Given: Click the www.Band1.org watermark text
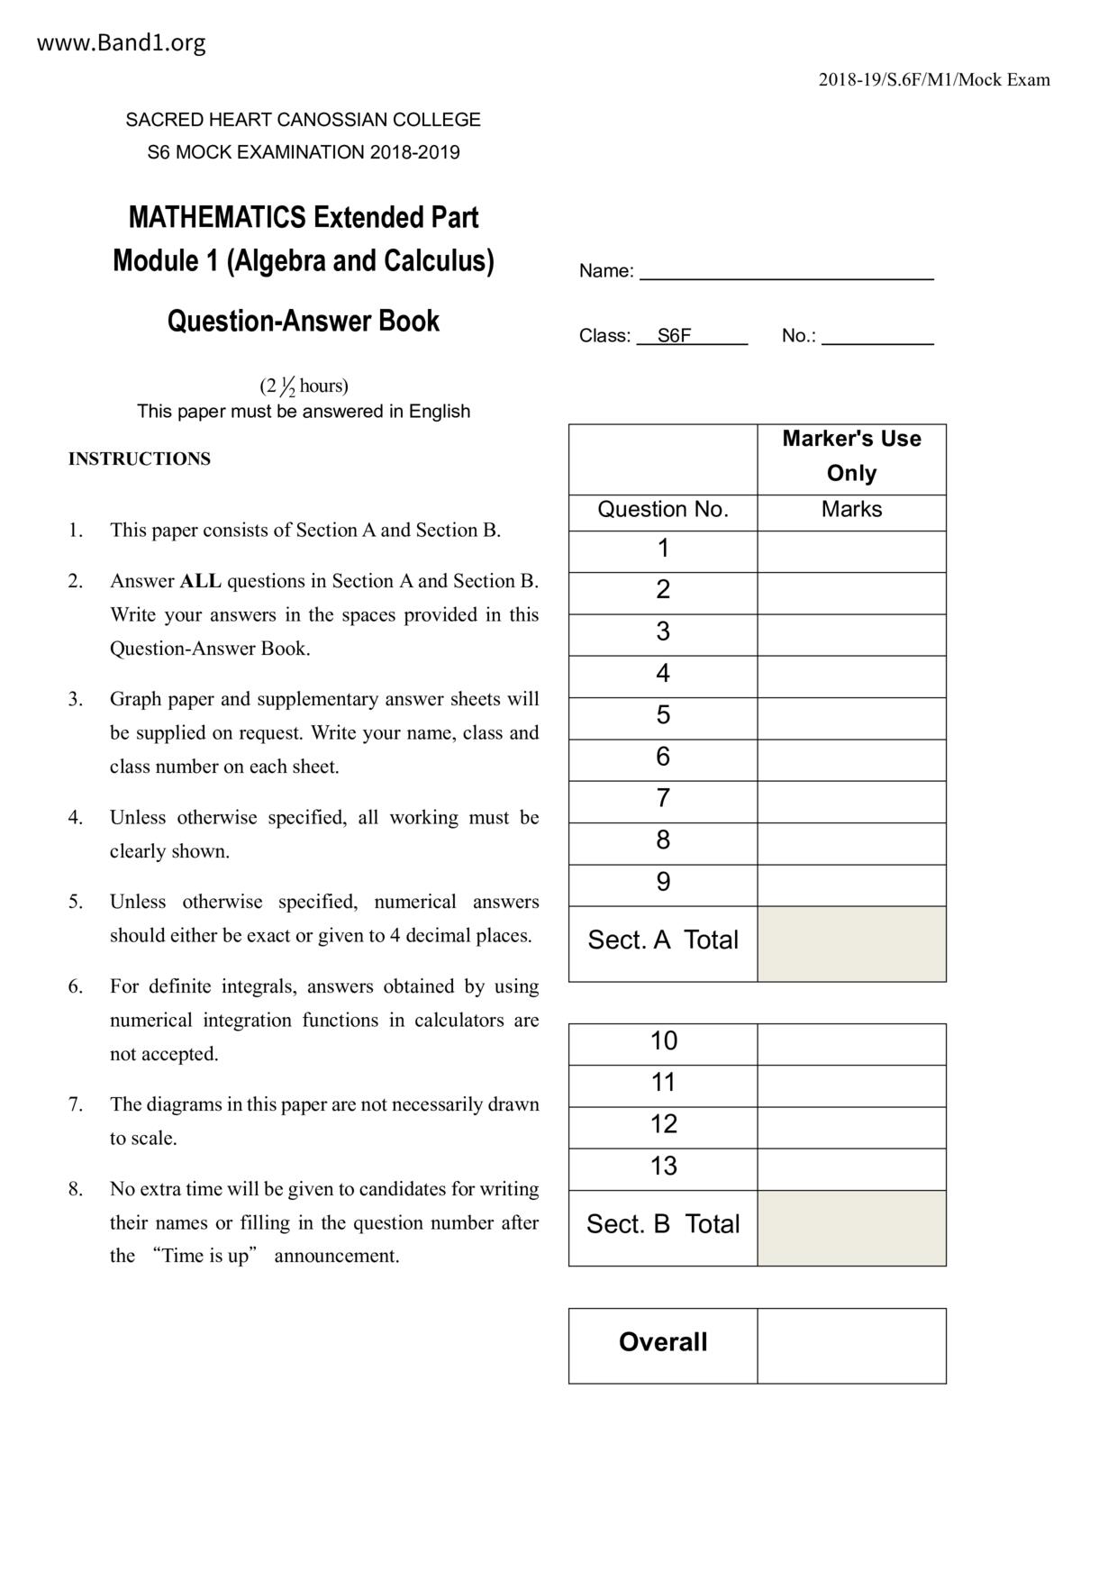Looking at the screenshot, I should pyautogui.click(x=121, y=42).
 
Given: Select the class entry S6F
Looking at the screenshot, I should pyautogui.click(x=674, y=336).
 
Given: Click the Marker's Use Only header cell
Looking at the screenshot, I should pyautogui.click(x=851, y=456).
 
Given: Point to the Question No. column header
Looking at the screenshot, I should pyautogui.click(x=663, y=510).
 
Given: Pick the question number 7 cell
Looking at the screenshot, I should pyautogui.click(x=663, y=799).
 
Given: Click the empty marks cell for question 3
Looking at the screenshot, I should pyautogui.click(x=851, y=633).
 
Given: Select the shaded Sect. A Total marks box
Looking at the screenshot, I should pyautogui.click(x=851, y=942).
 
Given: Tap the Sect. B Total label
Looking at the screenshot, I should pyautogui.click(x=663, y=1224).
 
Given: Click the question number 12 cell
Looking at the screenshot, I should pyautogui.click(x=663, y=1125).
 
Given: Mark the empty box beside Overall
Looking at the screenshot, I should pyautogui.click(x=851, y=1344).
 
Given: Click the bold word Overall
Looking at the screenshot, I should pyautogui.click(x=663, y=1342).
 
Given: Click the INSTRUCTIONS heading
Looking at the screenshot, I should pyautogui.click(x=140, y=459).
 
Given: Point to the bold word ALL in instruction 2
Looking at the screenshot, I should pyautogui.click(x=200, y=581).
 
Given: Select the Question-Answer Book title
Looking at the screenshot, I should pyautogui.click(x=304, y=322).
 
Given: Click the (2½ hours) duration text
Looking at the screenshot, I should pyautogui.click(x=304, y=386).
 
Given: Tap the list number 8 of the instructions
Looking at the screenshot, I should pyautogui.click(x=76, y=1189).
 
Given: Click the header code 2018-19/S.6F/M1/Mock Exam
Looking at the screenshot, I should pyautogui.click(x=934, y=80).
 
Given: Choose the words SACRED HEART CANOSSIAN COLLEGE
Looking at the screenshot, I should pyautogui.click(x=304, y=120).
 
